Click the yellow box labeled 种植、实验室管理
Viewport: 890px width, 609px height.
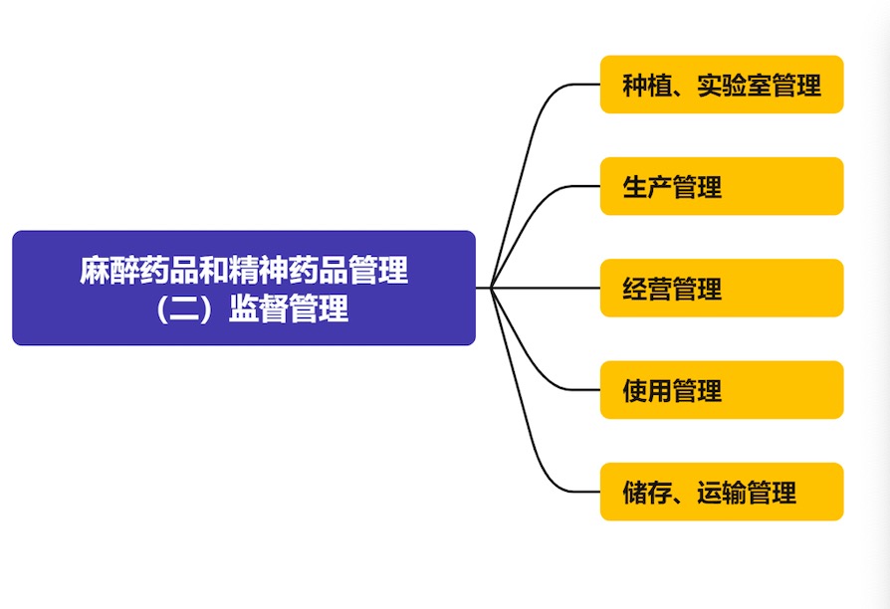(722, 85)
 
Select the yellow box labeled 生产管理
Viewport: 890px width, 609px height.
(722, 186)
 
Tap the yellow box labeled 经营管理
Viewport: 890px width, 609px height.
(722, 288)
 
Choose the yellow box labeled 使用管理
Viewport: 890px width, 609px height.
(722, 390)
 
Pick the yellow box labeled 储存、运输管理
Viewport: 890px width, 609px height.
(722, 492)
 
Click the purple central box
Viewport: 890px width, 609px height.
(244, 288)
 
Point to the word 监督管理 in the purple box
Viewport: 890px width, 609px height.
(289, 308)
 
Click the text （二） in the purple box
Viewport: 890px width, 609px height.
(183, 308)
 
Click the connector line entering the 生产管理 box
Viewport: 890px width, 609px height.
(577, 187)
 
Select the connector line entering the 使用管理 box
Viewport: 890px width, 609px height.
(577, 390)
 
